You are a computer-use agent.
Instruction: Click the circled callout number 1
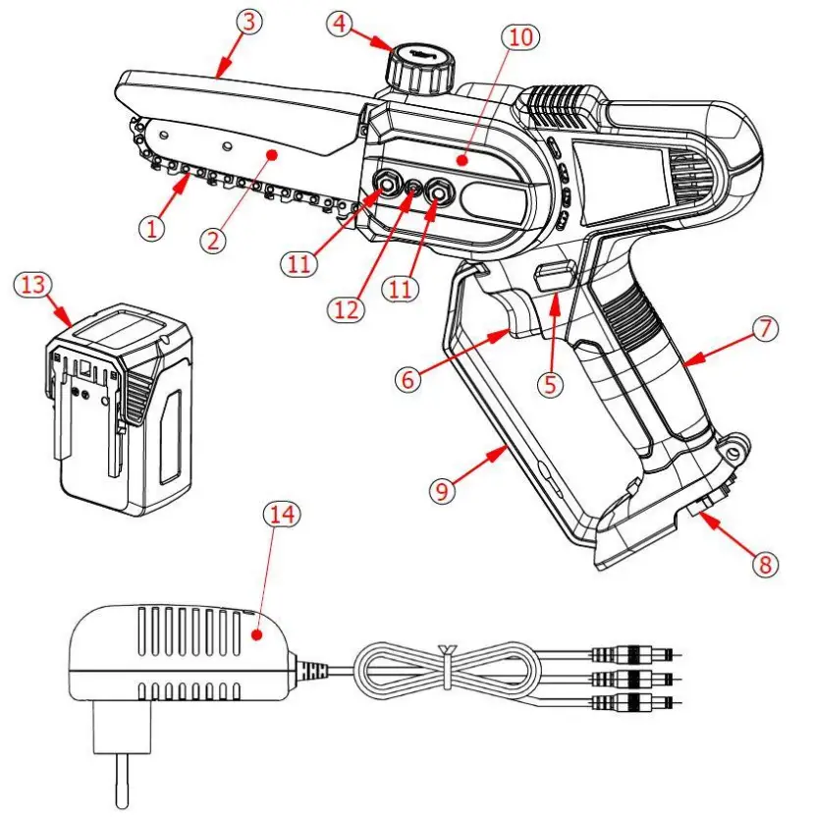[x=150, y=229]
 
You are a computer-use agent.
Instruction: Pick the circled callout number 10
[x=520, y=37]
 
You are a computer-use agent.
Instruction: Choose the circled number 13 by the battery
[x=34, y=285]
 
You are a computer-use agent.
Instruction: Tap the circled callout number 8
[x=762, y=565]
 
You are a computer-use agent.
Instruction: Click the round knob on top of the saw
[x=421, y=66]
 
